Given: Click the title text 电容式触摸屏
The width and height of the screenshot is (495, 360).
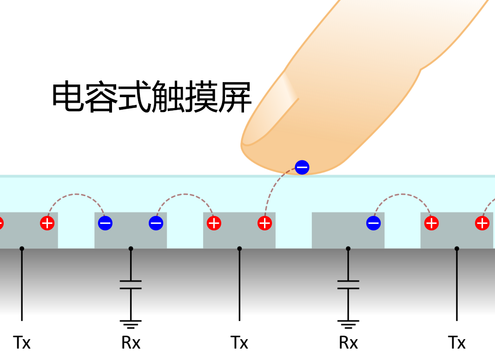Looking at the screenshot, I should pos(152,97).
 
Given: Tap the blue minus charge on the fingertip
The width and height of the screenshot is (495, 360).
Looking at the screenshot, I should pos(302,167).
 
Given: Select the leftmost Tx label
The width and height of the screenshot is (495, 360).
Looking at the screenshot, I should pos(22,343).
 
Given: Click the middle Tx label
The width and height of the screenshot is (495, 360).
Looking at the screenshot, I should pos(239,343).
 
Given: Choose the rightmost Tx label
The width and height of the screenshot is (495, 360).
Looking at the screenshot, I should pos(457,343).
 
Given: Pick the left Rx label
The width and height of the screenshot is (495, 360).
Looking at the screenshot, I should pos(131,343).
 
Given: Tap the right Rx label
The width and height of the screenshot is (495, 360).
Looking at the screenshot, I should pos(348,343).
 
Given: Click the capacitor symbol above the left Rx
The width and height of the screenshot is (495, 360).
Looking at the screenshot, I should pos(131,284).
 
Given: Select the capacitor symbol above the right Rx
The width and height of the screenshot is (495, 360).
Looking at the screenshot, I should pos(348,284).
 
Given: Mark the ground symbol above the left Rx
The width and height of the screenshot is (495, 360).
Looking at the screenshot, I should pos(131,323).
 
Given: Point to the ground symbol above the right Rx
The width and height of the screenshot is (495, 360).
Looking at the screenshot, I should pos(348,323).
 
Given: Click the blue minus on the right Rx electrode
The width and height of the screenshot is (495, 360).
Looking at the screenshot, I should pos(374,223).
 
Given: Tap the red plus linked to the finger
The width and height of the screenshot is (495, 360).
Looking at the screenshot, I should pos(264,223).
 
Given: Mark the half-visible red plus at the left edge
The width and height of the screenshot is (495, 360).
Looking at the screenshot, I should pos(1,223).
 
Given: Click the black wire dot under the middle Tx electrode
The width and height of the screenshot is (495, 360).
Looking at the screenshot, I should pos(239,249).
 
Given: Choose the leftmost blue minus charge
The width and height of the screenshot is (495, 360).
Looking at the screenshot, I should pos(105,223).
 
